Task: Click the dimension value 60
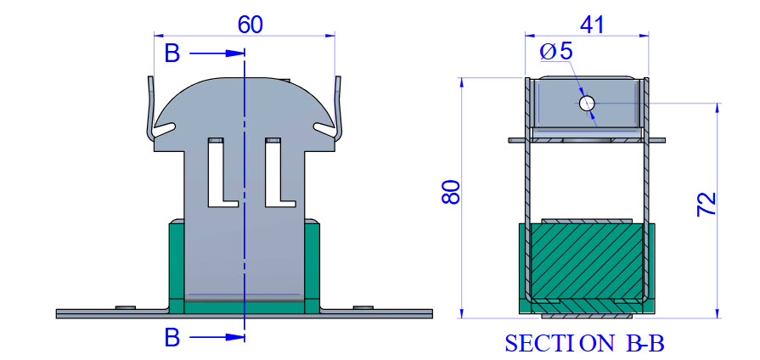251,25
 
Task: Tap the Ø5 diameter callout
556,51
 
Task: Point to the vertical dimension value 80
451,193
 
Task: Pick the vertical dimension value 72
707,204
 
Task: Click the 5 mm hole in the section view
587,103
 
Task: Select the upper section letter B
172,53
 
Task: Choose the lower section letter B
172,338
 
